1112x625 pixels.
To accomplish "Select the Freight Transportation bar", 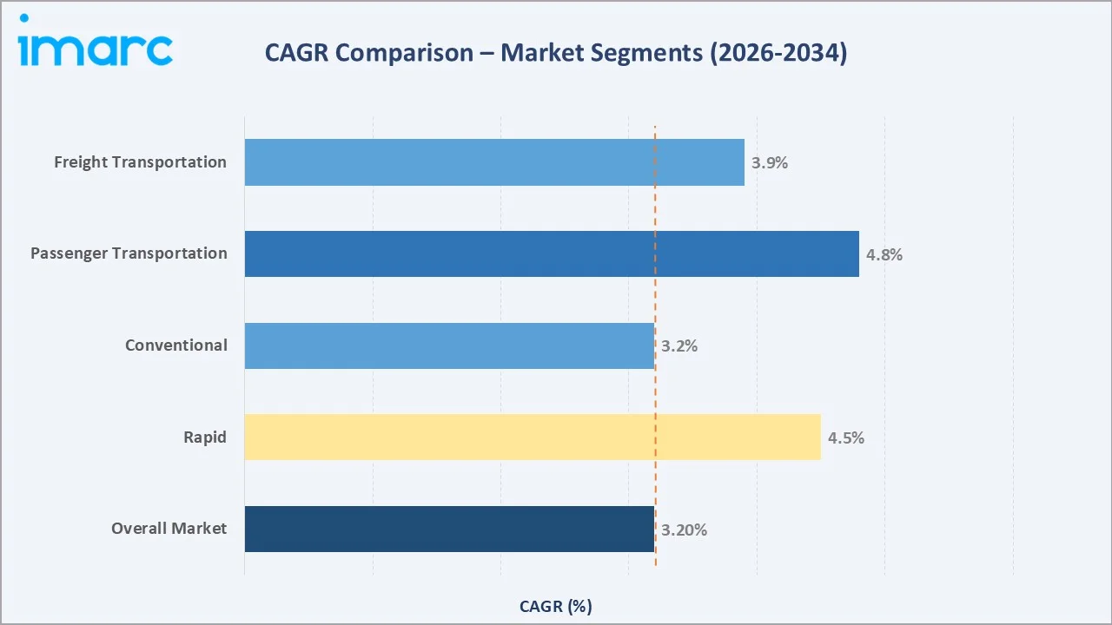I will [x=493, y=162].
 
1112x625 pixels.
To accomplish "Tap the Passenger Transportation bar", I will [x=551, y=253].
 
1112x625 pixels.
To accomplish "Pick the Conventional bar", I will [x=448, y=345].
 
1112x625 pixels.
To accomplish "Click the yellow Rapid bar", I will [x=532, y=437].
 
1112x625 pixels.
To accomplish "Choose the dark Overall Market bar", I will [x=448, y=529].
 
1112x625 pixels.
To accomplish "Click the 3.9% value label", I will [x=770, y=163].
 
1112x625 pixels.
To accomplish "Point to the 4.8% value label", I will [x=884, y=255].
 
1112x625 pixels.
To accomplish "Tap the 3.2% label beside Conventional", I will [x=679, y=346].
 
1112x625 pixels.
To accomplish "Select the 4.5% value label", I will [x=845, y=438].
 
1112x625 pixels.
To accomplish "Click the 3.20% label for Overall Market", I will [x=684, y=530].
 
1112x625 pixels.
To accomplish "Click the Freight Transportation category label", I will [x=140, y=162].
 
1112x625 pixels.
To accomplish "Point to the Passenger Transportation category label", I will [x=129, y=253].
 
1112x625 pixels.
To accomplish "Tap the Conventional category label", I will [x=175, y=345].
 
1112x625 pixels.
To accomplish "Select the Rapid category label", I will [x=204, y=437].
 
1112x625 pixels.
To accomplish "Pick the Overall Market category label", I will [x=169, y=529].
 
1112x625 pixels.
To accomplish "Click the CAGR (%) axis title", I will [x=555, y=606].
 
